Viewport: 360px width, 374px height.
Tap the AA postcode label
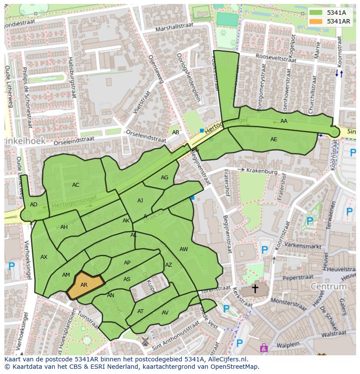(x=284, y=121)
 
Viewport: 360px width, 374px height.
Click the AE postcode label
(x=273, y=139)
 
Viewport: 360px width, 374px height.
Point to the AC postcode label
(x=76, y=185)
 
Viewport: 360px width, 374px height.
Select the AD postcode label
(x=33, y=205)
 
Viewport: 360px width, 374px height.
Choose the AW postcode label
(x=183, y=249)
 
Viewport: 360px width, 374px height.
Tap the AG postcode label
(x=164, y=178)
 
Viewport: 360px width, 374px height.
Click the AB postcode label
(x=175, y=132)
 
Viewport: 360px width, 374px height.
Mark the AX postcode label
(x=43, y=257)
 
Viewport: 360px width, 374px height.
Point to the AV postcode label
(x=165, y=313)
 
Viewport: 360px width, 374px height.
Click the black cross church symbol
(x=255, y=288)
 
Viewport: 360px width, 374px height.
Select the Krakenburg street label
(x=261, y=171)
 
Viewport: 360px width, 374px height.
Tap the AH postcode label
(x=64, y=227)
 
